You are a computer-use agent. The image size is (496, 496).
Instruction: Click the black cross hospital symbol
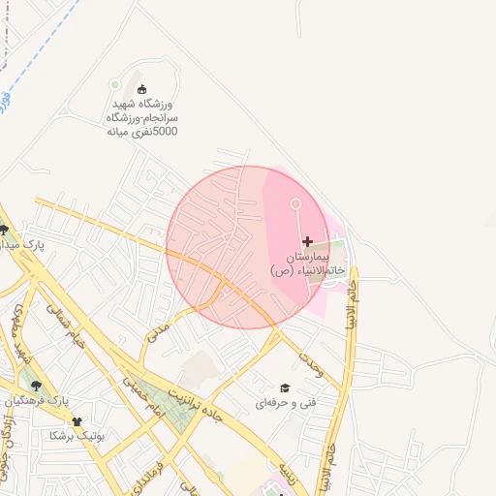pos(308,241)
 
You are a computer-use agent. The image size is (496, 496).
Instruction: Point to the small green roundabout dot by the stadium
pos(116,84)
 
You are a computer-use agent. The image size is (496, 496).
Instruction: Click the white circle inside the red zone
pos(295,203)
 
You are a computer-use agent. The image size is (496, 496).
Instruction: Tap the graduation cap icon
pos(285,387)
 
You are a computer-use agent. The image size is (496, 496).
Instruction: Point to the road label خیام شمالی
pos(66,328)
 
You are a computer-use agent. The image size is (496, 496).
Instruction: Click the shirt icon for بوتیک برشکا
pos(77,421)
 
